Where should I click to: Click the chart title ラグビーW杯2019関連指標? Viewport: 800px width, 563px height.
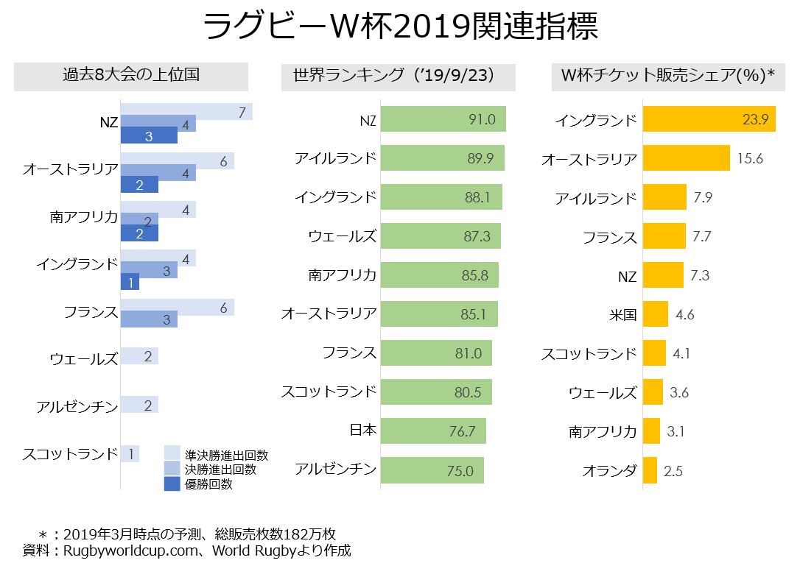[x=399, y=27]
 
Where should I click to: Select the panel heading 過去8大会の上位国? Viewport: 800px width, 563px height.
[x=131, y=75]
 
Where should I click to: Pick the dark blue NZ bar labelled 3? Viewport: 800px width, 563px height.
[x=149, y=136]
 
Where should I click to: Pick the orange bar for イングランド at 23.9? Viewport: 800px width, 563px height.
[x=709, y=119]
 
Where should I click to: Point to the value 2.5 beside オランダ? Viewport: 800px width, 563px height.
[x=673, y=471]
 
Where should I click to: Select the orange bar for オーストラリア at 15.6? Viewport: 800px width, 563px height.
[x=686, y=158]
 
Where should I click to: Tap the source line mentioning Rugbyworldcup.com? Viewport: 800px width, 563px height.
[x=187, y=549]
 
